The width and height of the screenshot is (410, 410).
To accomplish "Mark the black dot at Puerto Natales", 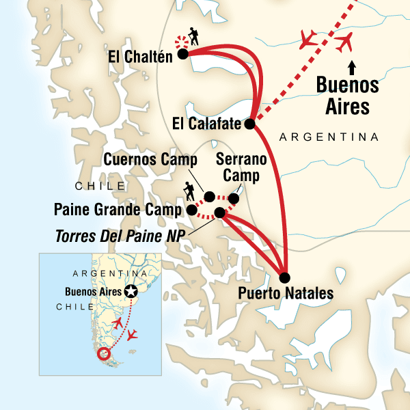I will pyautogui.click(x=285, y=277).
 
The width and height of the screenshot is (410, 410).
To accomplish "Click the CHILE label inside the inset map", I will pyautogui.click(x=74, y=307).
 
